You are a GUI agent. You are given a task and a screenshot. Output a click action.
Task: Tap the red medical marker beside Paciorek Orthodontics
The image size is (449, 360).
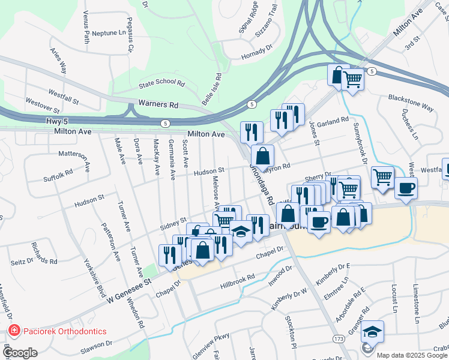13,331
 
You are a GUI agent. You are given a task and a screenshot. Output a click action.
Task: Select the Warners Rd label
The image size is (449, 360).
158,104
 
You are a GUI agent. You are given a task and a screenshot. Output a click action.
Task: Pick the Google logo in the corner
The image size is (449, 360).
20,352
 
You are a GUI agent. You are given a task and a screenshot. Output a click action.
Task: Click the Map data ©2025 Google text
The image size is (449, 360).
412,355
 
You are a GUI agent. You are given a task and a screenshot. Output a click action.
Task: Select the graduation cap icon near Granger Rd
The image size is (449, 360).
372,332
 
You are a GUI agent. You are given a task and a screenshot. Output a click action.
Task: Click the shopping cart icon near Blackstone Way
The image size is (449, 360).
352,79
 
